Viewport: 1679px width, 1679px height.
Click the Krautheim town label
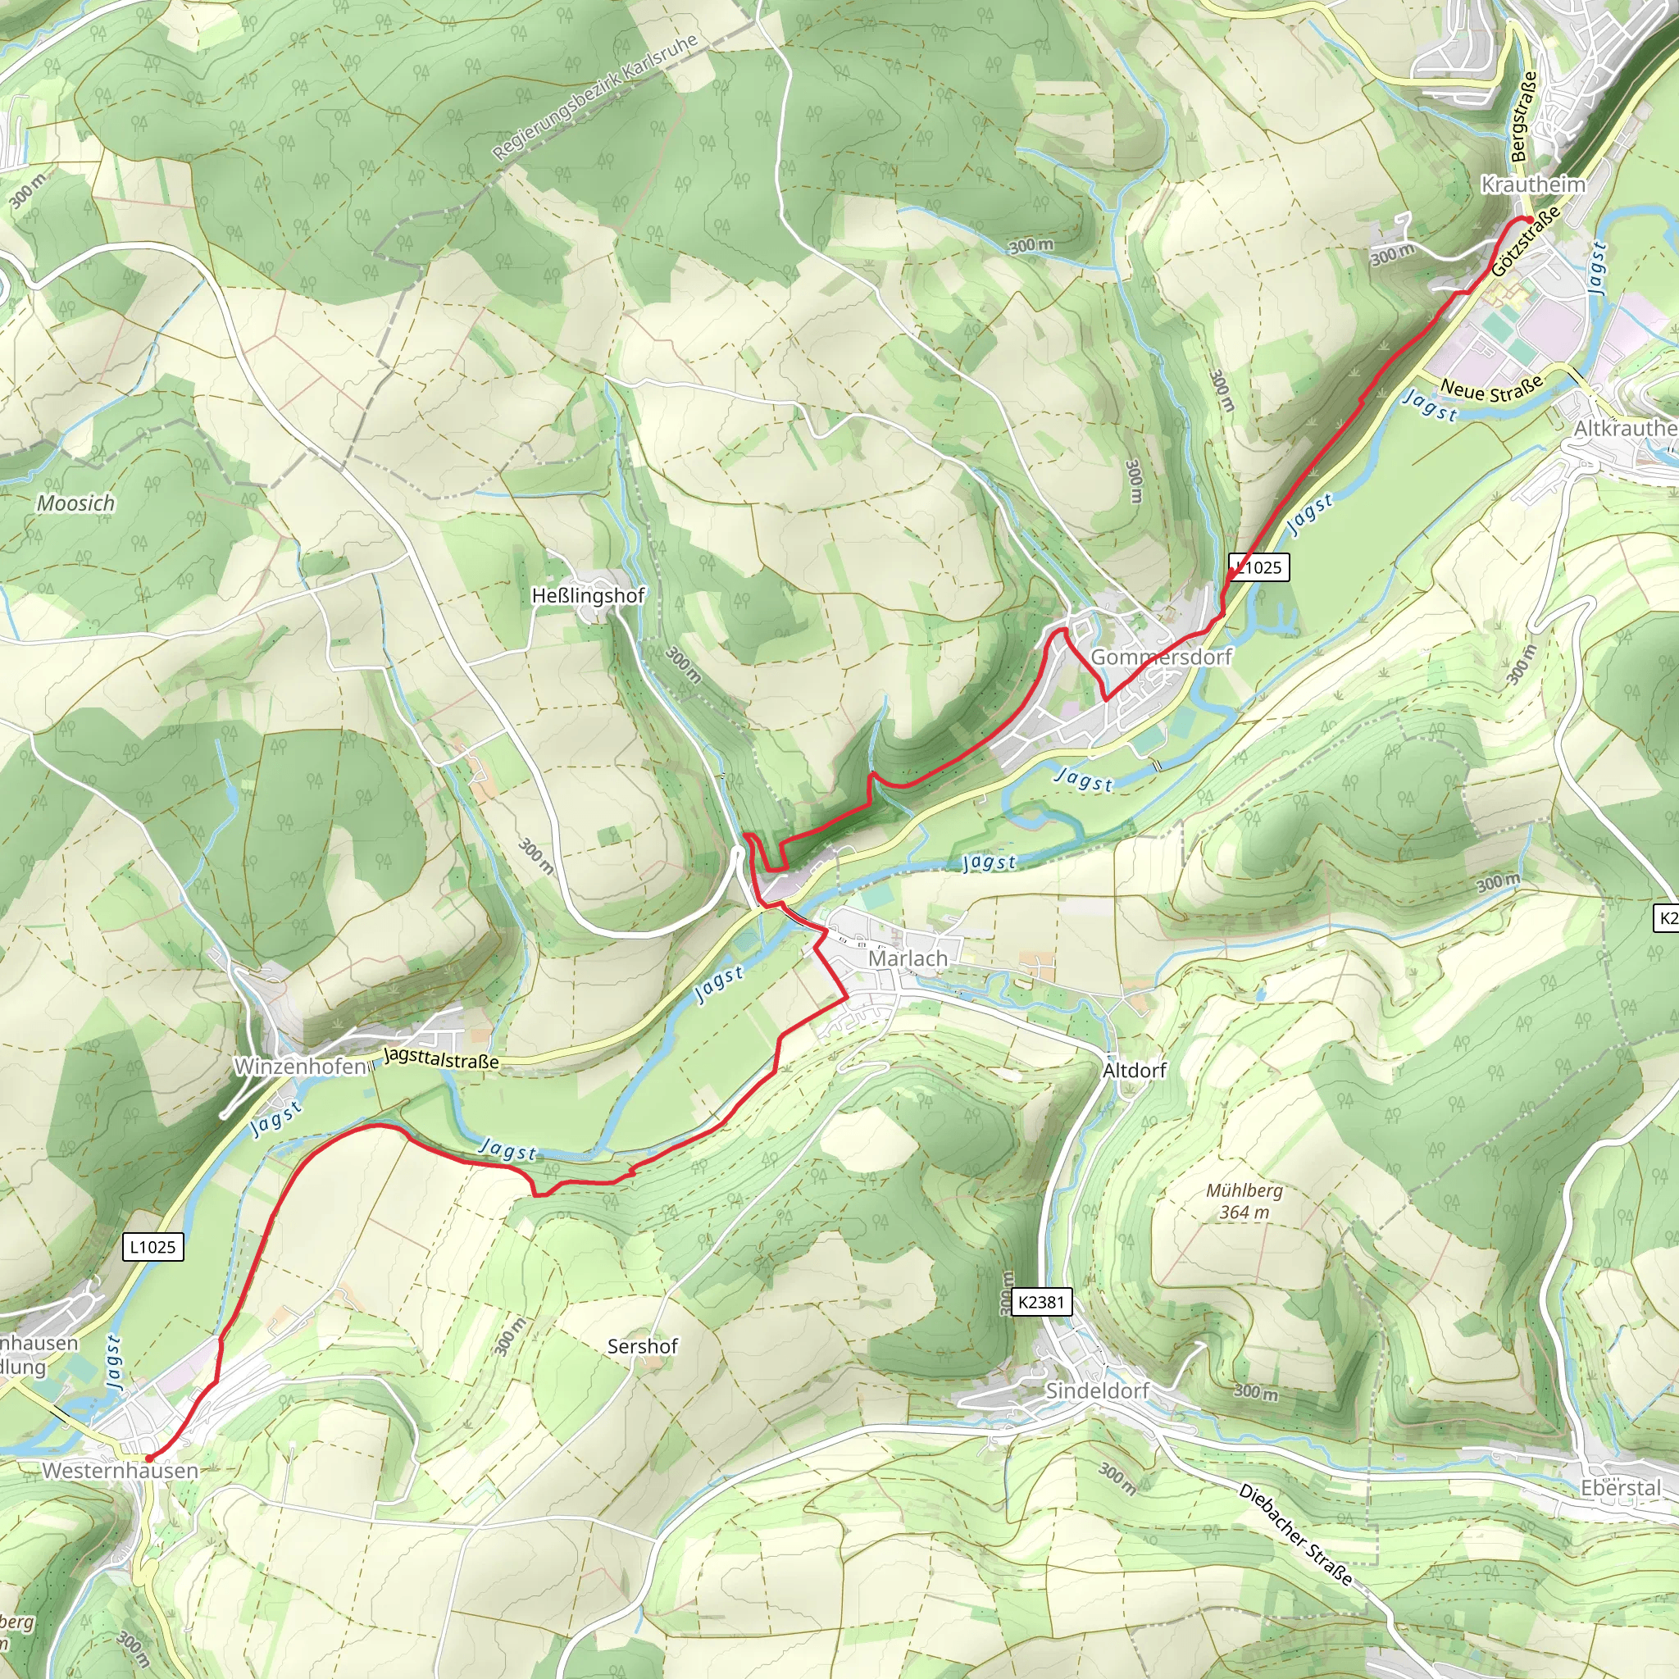pos(1533,184)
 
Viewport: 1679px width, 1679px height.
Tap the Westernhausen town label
pos(121,1471)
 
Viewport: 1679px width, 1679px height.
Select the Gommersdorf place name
pos(1161,657)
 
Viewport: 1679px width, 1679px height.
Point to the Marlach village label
pos(908,958)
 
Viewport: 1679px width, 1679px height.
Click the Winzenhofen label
pos(300,1067)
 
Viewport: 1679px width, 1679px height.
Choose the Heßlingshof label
pos(589,596)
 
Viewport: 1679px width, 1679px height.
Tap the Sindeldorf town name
pos(1097,1390)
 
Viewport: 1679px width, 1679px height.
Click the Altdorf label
pos(1134,1071)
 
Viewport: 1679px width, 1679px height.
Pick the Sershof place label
pos(642,1346)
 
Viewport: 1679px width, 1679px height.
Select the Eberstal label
pos(1621,1488)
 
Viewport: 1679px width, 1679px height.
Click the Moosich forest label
pos(75,503)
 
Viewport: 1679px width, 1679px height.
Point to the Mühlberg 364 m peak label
pos(1244,1201)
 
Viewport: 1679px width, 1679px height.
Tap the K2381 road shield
pos(1040,1302)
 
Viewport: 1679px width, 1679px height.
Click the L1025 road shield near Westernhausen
pos(153,1247)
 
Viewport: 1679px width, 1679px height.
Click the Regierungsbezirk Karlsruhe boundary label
pos(595,98)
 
